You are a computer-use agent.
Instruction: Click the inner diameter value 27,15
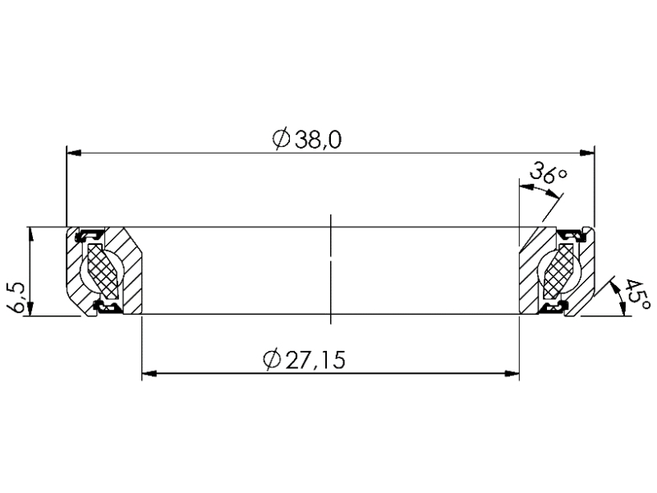pyautogui.click(x=315, y=359)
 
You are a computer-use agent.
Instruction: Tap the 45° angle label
pyautogui.click(x=635, y=298)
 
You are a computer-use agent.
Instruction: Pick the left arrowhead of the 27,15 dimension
pyautogui.click(x=149, y=374)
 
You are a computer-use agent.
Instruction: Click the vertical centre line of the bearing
pyautogui.click(x=330, y=271)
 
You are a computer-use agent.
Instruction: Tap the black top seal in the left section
pyautogui.click(x=89, y=237)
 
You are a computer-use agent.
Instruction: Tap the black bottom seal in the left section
pyautogui.click(x=107, y=307)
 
